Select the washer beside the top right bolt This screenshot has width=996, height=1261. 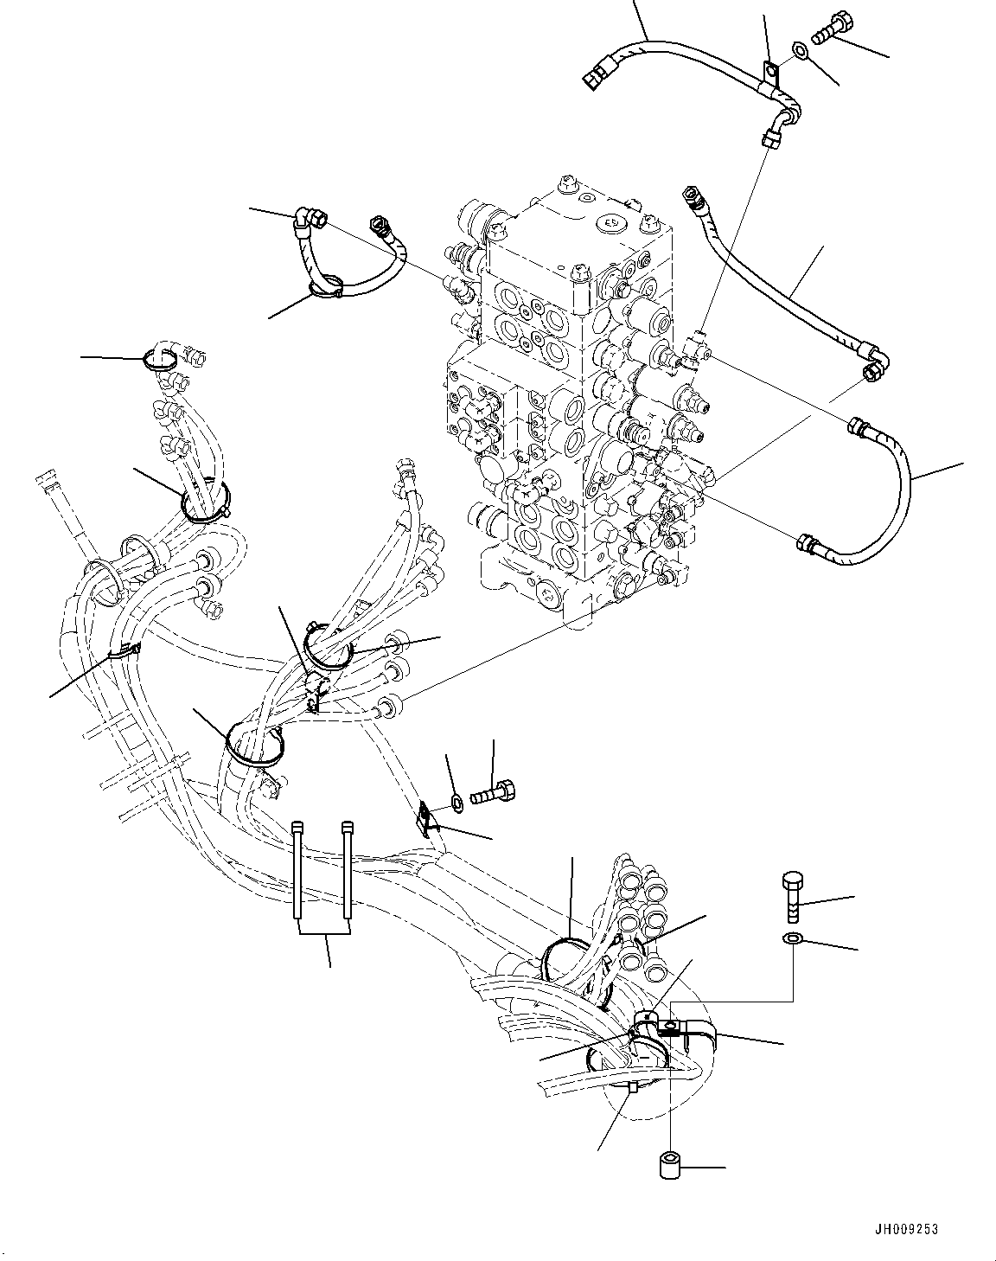[x=801, y=54]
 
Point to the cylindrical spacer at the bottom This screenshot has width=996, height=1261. [x=670, y=1164]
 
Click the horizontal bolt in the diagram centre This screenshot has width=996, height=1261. [x=494, y=790]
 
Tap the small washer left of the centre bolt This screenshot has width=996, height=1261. [x=456, y=804]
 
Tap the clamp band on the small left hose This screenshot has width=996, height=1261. [x=327, y=288]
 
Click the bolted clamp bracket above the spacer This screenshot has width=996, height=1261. [x=666, y=1027]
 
